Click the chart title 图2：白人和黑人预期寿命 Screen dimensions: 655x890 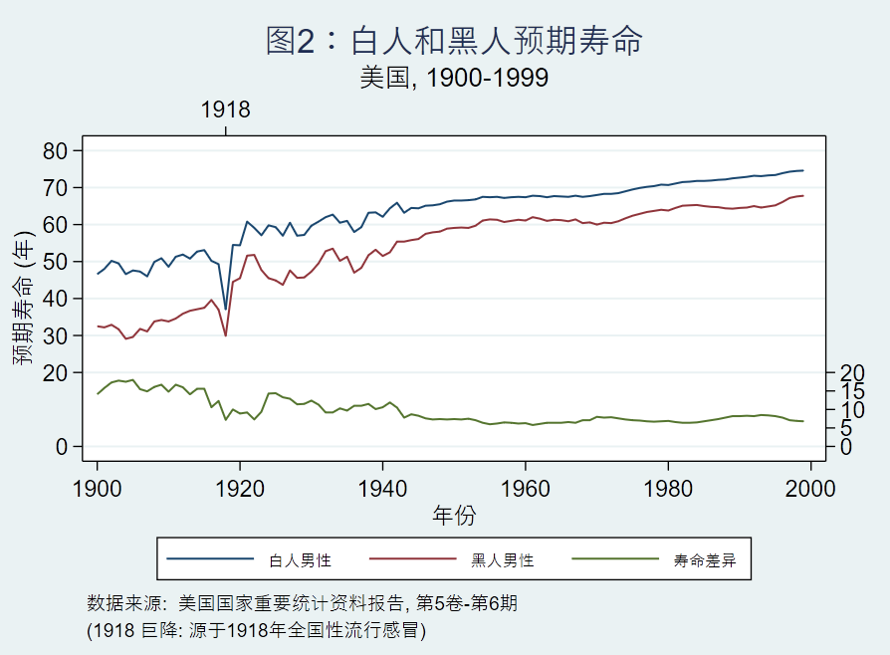[x=454, y=41]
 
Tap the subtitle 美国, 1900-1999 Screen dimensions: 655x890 [x=454, y=78]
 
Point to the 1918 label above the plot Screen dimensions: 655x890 [x=226, y=109]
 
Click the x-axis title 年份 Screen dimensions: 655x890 [x=454, y=515]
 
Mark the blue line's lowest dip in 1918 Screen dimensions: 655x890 [x=226, y=309]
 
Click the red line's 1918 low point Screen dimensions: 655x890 [x=226, y=335]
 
